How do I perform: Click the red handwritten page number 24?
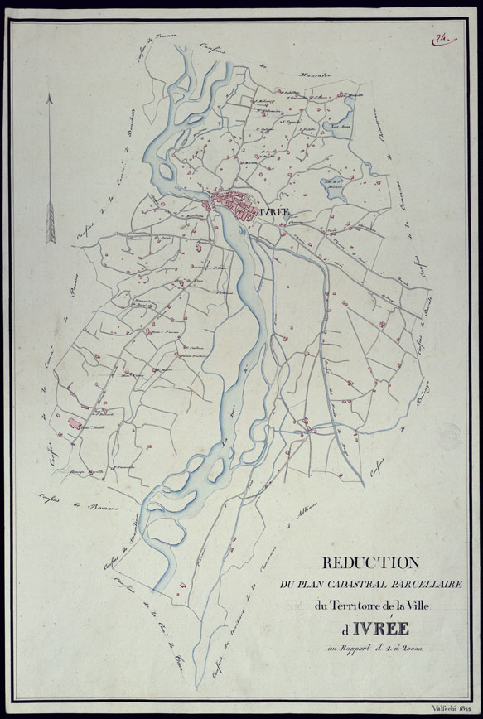point(439,36)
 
